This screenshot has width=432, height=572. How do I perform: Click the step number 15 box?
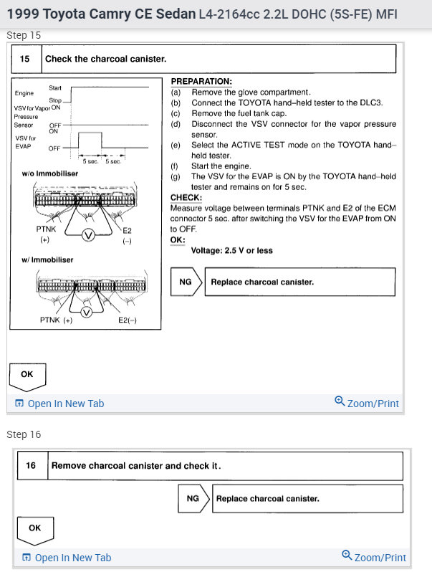point(25,59)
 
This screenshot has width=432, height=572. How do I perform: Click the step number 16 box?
point(32,465)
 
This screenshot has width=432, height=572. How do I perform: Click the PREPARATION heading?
point(201,82)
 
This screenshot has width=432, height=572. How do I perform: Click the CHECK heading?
point(186,197)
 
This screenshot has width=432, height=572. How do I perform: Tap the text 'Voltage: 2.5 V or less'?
point(232,251)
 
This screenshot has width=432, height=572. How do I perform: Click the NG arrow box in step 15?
point(186,282)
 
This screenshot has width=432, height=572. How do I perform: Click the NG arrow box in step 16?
point(193,498)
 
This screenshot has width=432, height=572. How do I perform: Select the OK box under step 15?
point(27,374)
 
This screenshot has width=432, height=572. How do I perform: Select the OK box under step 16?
point(34,528)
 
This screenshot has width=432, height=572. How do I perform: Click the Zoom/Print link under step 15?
point(367,403)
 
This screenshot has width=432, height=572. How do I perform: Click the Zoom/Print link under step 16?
point(374,557)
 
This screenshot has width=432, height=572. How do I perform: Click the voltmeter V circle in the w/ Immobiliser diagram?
point(86,313)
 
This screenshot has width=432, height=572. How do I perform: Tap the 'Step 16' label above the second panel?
point(24,434)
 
